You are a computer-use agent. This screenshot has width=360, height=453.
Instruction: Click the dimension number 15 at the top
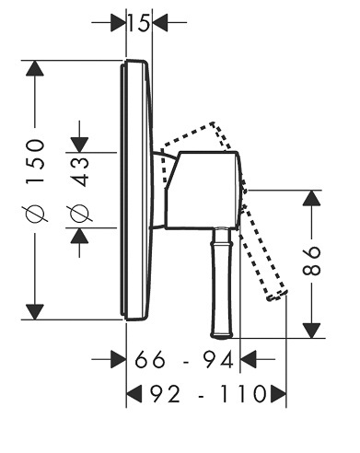138,22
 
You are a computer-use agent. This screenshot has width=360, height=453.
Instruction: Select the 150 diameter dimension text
35,161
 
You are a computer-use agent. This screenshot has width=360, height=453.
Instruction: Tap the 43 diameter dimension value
79,172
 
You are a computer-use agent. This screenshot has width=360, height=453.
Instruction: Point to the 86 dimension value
311,261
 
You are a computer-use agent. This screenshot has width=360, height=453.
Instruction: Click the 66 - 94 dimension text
183,360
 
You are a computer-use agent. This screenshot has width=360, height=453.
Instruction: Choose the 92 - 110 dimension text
208,394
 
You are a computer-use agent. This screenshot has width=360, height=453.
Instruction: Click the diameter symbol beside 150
35,213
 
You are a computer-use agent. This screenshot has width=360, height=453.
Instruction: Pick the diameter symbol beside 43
79,213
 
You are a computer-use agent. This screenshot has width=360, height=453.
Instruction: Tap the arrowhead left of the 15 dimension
118,22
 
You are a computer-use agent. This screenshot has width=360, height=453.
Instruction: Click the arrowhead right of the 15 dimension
160,22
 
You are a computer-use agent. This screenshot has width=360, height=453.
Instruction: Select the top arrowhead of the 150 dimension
35,68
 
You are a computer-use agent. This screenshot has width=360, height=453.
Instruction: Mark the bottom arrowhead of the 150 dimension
35,312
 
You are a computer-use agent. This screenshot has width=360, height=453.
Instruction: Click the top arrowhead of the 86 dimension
311,198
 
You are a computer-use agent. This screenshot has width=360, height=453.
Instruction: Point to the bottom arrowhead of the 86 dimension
311,331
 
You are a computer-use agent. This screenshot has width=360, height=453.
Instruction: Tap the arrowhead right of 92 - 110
278,394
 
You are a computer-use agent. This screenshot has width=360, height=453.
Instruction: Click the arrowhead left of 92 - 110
134,394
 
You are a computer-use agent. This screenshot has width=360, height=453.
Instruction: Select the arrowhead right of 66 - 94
248,359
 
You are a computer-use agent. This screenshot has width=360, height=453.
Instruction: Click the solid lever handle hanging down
222,284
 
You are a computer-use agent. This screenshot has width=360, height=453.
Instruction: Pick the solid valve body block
203,191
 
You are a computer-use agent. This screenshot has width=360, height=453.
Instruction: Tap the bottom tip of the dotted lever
270,298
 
